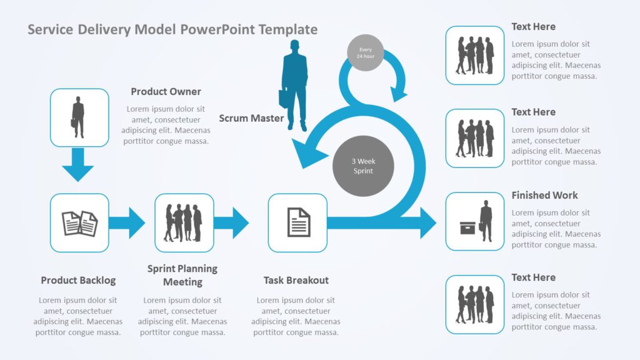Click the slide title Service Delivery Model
point(172,29)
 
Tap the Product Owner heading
point(166,91)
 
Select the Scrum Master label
point(251,118)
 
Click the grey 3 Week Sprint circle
point(363,166)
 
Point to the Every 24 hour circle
point(365,52)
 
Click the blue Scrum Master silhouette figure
point(296,85)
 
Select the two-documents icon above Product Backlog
point(79,223)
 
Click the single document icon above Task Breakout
point(298,222)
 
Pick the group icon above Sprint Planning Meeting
point(184,222)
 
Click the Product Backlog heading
point(78,280)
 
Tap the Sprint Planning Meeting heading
point(182,275)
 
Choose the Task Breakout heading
point(296,280)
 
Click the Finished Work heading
point(544,195)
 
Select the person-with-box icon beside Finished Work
point(475,221)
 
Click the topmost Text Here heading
point(533,26)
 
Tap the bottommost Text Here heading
point(533,277)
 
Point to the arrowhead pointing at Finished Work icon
point(427,223)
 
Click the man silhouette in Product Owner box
point(78,117)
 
